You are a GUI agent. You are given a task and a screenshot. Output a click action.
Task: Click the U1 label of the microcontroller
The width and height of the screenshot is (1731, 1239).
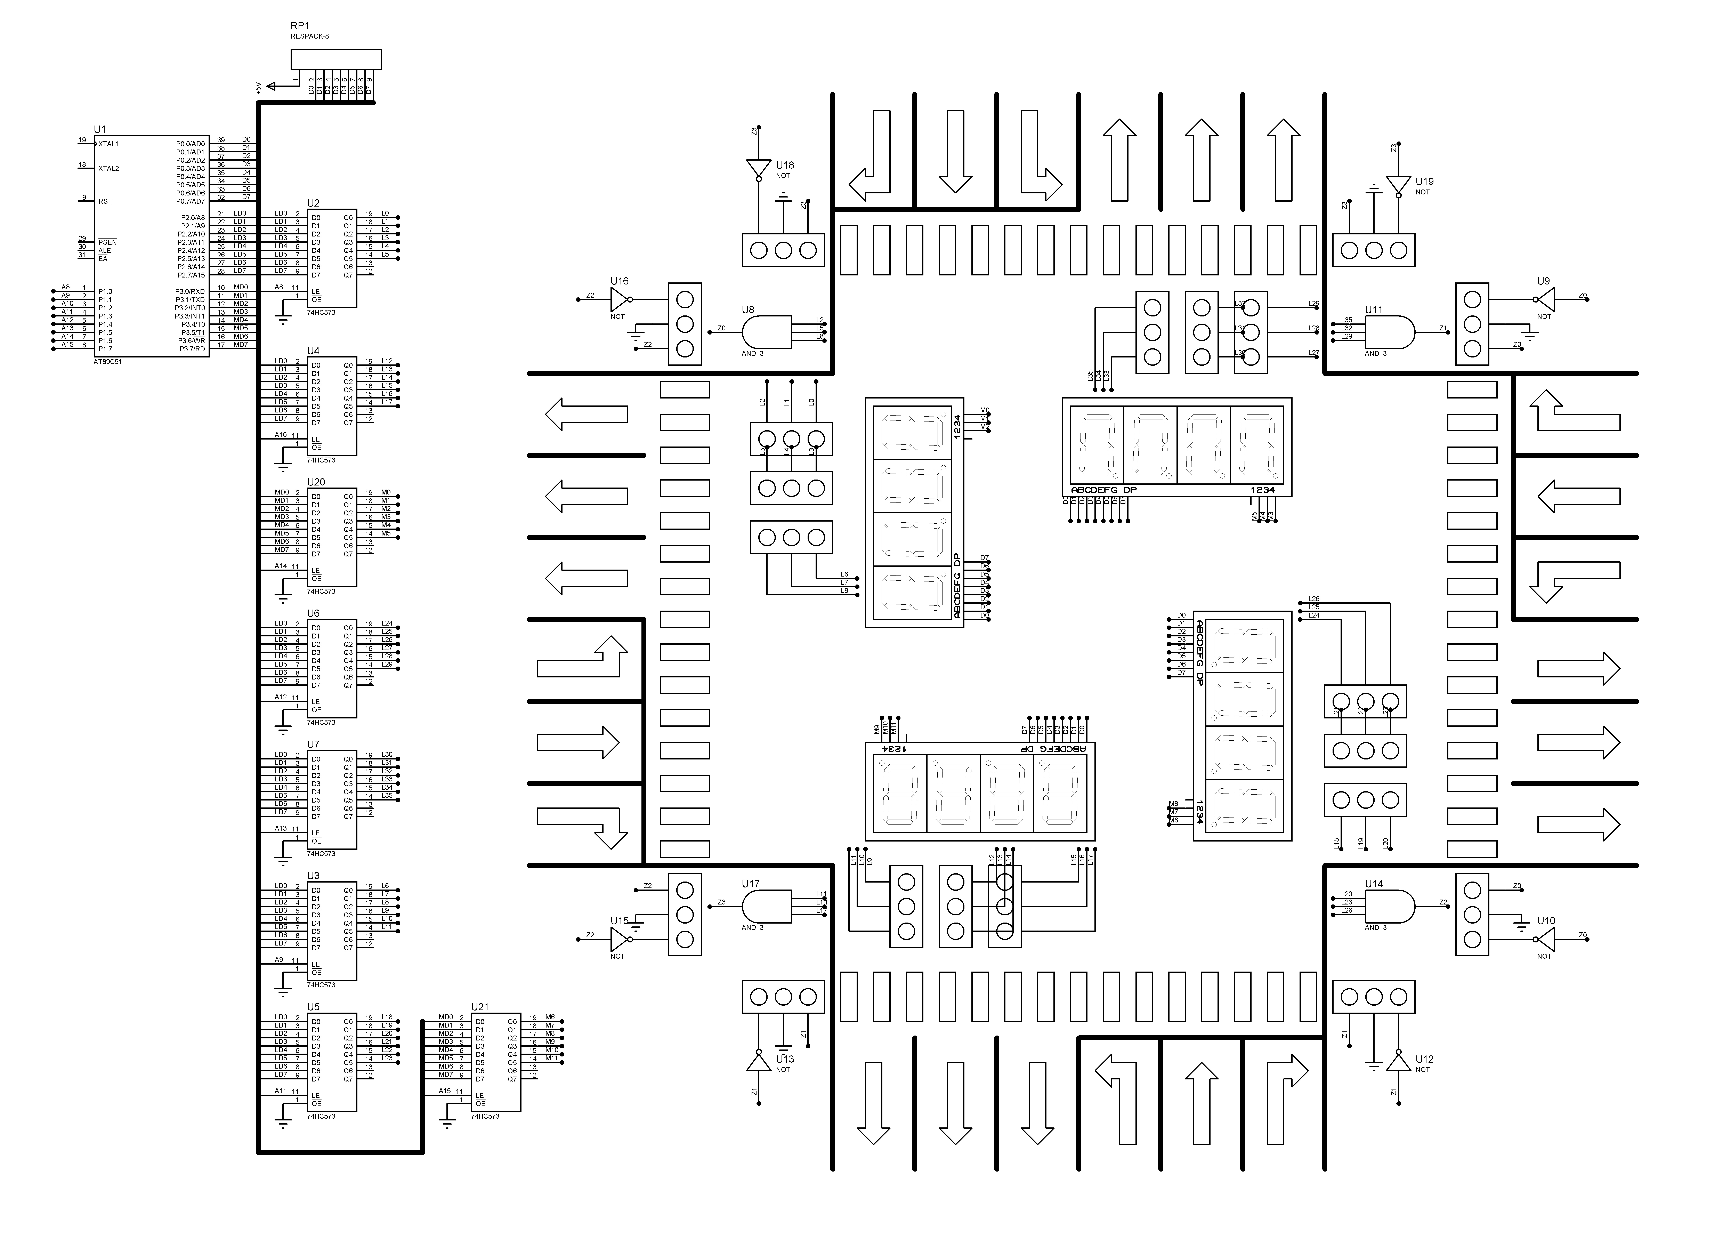(x=100, y=130)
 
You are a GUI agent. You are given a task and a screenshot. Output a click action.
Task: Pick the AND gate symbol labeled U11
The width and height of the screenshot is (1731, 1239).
(x=1388, y=333)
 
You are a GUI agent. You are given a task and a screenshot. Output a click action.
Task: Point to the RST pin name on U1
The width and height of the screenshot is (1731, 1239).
(x=105, y=201)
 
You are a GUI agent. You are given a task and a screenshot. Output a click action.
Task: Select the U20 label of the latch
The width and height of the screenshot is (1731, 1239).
(x=316, y=482)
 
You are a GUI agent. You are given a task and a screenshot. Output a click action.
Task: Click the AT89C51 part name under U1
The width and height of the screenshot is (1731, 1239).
(x=108, y=362)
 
